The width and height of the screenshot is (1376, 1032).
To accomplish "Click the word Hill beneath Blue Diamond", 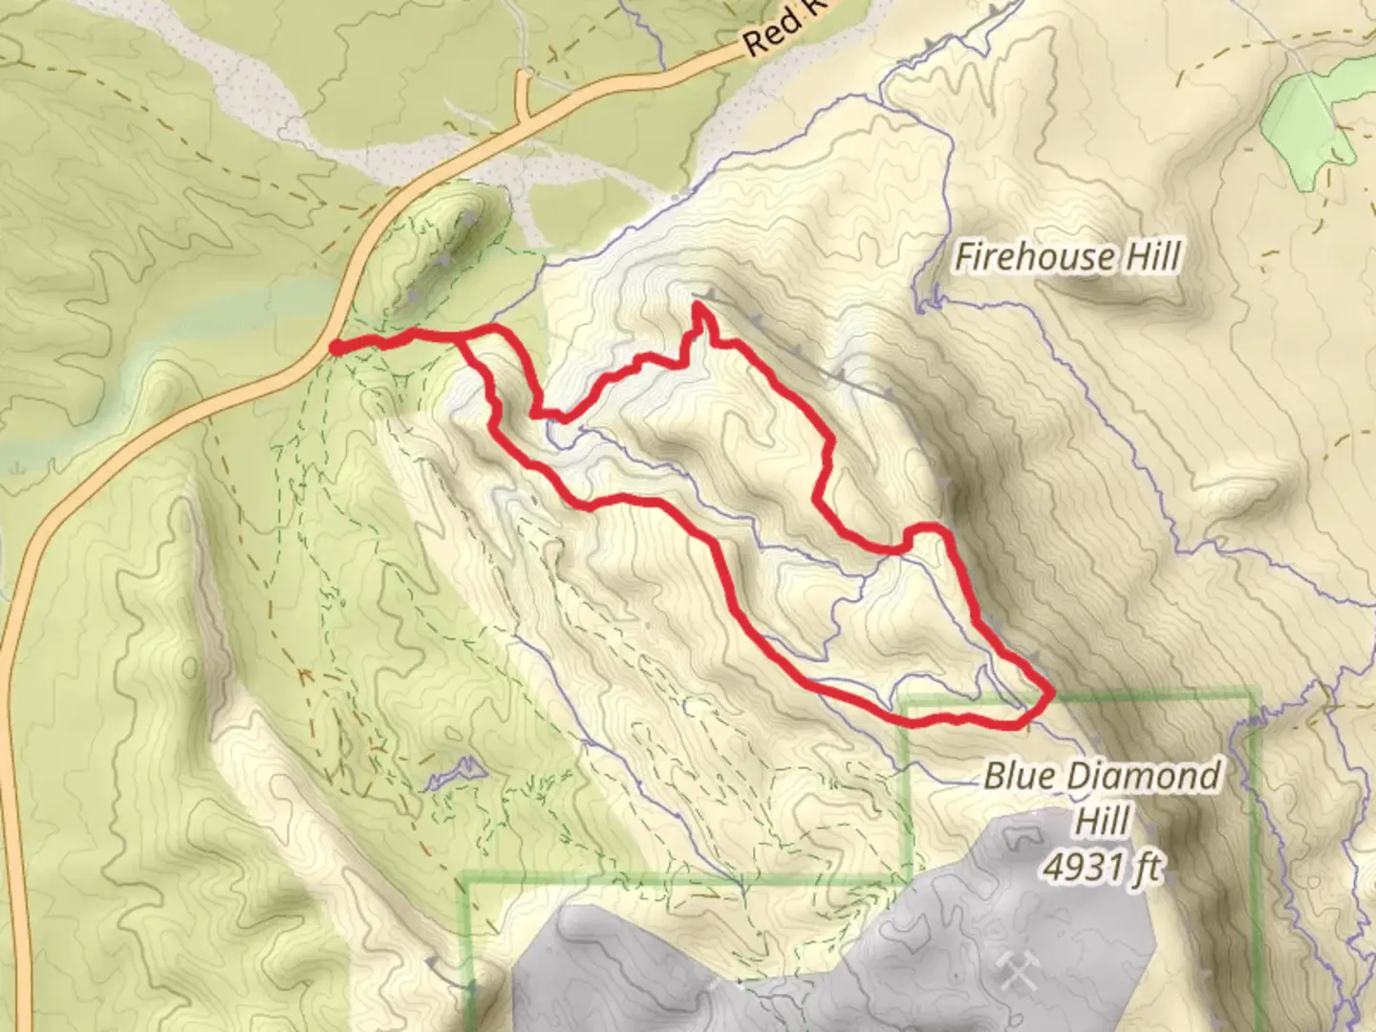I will click(1105, 821).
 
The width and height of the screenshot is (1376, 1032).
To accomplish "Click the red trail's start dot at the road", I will click(336, 348).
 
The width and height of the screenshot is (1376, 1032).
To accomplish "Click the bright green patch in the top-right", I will click(1309, 115).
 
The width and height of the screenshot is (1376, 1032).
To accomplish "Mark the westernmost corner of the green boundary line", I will click(462, 877).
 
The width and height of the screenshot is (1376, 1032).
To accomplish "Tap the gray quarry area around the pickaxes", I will click(860, 956).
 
